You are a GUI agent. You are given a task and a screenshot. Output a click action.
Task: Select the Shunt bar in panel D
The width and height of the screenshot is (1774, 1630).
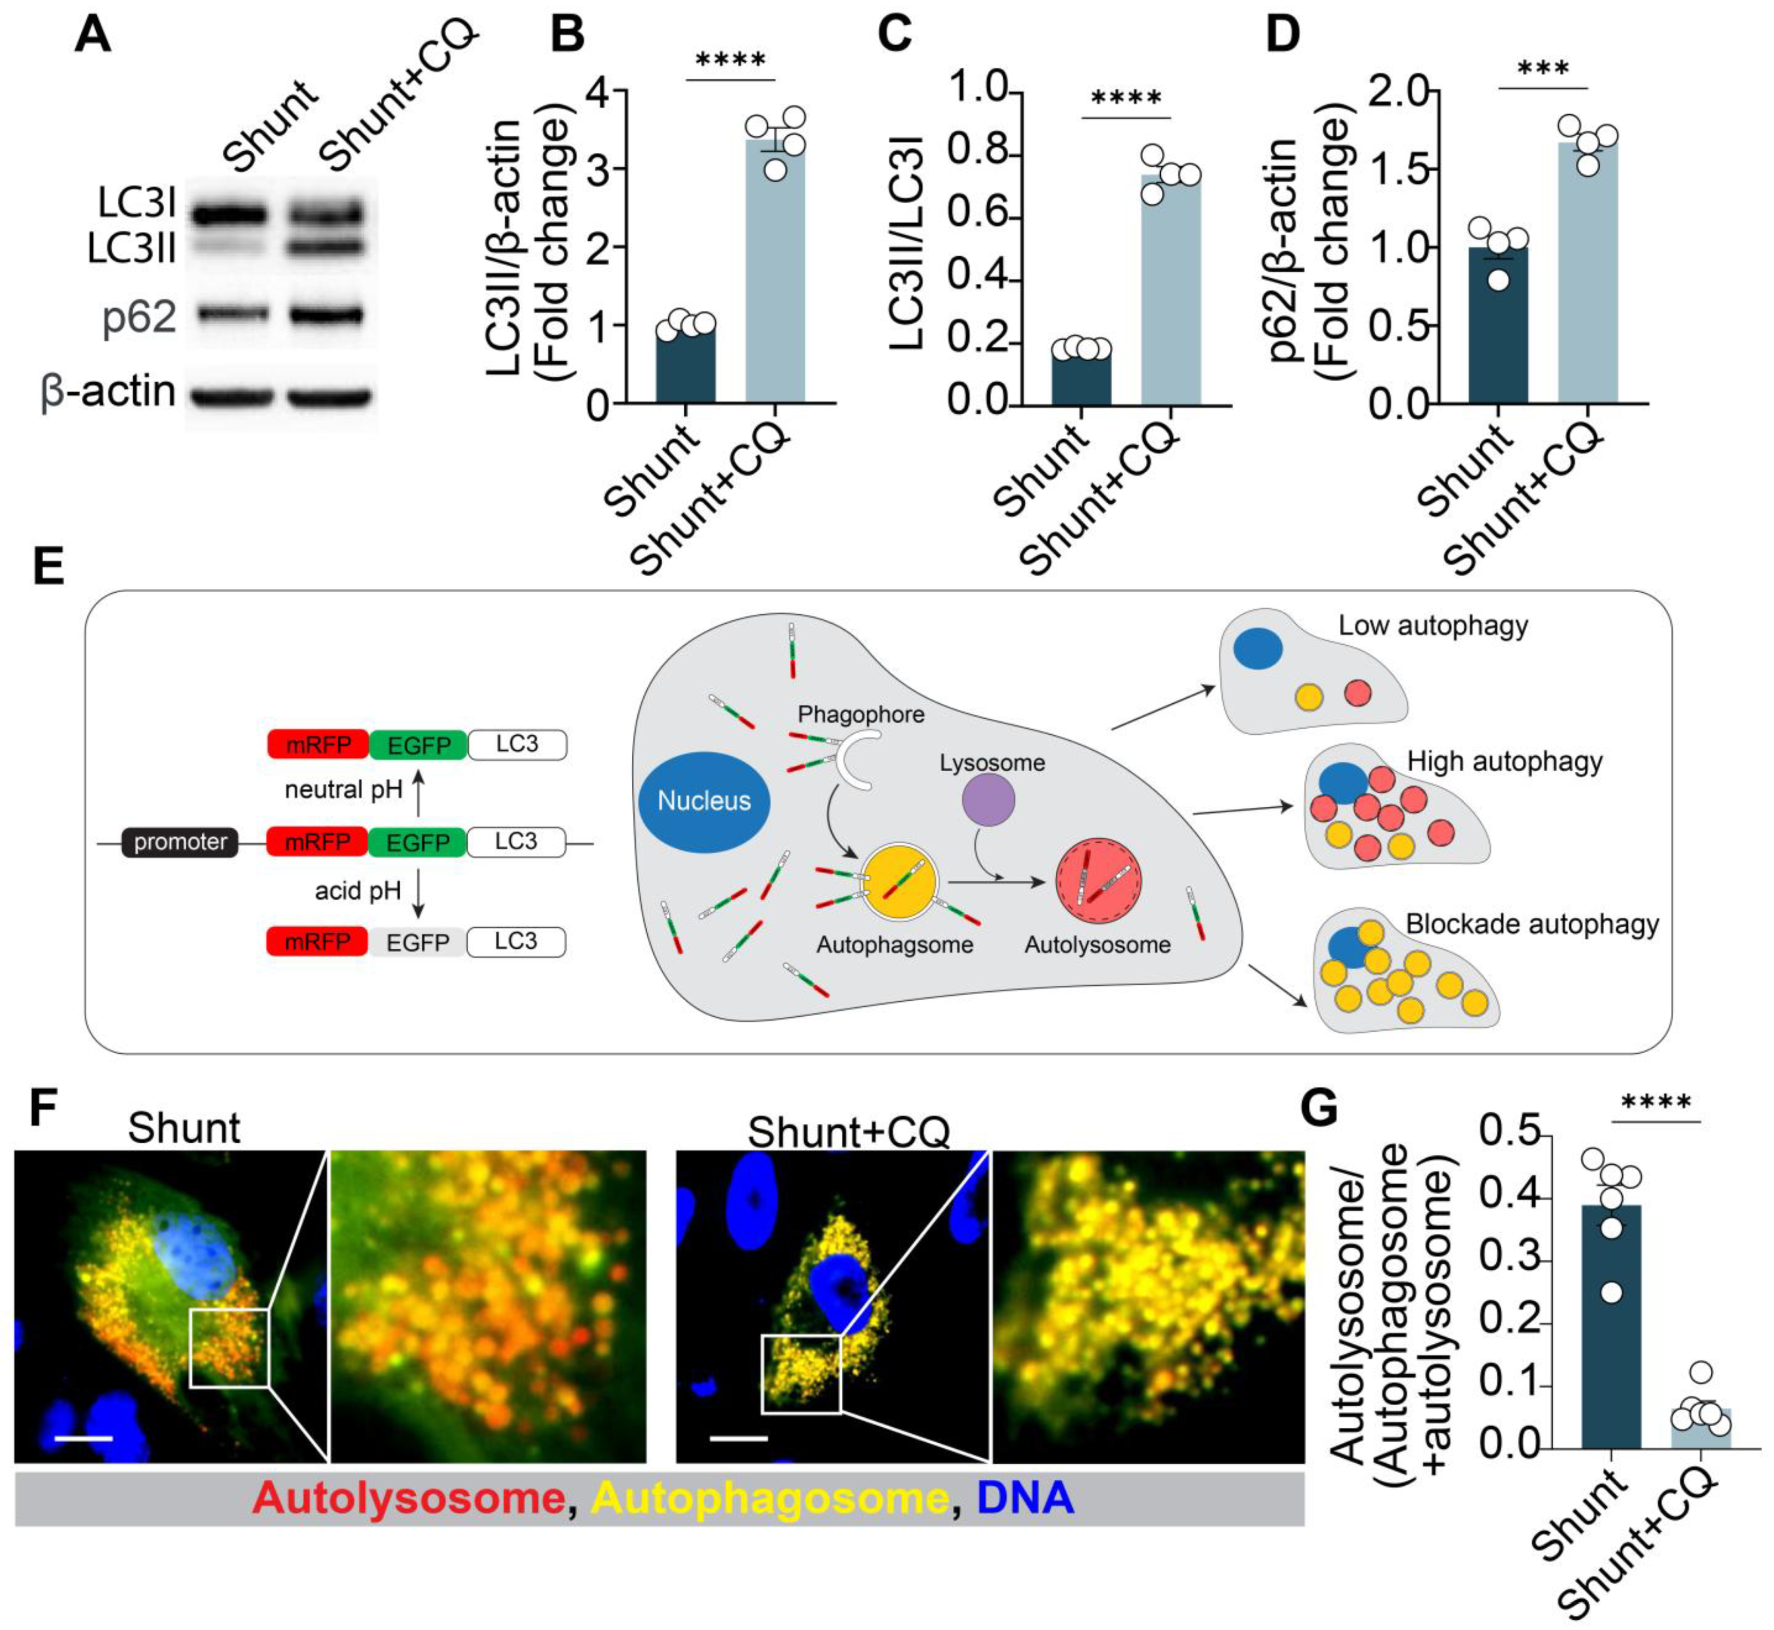(1497, 326)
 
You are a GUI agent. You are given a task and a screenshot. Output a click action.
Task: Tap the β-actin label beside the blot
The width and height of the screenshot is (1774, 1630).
(108, 391)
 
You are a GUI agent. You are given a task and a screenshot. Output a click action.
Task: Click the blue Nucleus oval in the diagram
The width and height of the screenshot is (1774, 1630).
(704, 801)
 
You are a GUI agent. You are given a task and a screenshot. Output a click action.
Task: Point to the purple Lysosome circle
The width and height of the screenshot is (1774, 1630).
(988, 800)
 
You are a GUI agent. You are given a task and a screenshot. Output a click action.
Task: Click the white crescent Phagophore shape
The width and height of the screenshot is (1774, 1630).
(854, 762)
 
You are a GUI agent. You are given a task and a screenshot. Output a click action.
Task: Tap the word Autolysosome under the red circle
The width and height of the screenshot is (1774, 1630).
(1097, 945)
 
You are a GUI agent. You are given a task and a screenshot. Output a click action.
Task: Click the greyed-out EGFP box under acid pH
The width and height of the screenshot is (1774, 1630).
(417, 942)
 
